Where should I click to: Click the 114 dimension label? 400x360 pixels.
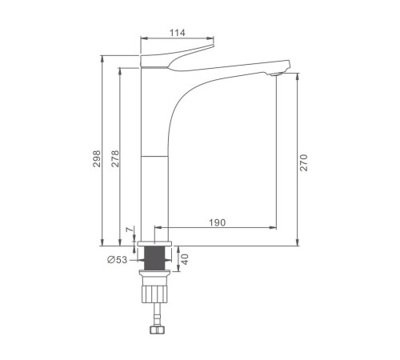178,33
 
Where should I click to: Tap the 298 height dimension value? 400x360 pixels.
97,158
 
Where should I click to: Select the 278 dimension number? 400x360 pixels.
115,158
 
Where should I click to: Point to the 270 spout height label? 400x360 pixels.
303,162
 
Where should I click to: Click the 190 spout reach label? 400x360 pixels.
217,222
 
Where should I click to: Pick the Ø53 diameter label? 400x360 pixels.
118,259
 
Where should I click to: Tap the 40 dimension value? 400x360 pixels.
185,259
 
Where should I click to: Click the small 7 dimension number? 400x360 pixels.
129,230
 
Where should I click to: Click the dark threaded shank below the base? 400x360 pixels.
154,258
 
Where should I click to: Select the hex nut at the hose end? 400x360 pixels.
157,330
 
